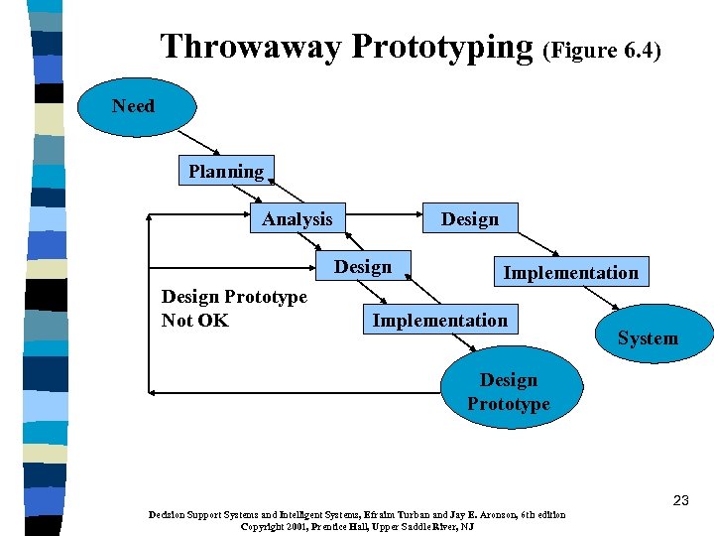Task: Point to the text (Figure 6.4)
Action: pos(602,50)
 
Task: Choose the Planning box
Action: pos(226,172)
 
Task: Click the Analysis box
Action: pos(297,218)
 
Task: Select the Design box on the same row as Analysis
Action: pos(470,218)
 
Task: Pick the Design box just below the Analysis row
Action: pos(362,267)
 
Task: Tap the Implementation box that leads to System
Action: pos(570,272)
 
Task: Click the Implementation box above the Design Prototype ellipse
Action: pos(439,320)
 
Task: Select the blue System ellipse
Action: pos(648,338)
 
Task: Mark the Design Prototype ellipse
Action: pos(509,392)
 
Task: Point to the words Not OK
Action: pos(195,320)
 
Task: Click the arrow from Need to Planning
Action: pos(202,144)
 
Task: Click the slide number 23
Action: pos(679,500)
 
